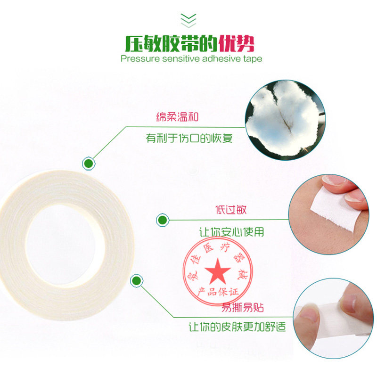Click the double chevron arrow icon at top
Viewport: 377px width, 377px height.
pyautogui.click(x=188, y=20)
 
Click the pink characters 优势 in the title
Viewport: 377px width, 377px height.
pyautogui.click(x=236, y=44)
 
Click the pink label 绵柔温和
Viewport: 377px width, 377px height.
pyautogui.click(x=177, y=117)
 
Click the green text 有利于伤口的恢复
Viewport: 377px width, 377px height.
pyautogui.click(x=189, y=138)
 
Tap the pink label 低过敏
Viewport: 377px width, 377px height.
pyautogui.click(x=231, y=210)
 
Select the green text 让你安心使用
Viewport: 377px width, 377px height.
pyautogui.click(x=231, y=232)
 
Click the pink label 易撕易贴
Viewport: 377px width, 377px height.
pyautogui.click(x=242, y=307)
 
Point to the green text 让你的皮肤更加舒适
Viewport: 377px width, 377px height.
pyautogui.click(x=237, y=327)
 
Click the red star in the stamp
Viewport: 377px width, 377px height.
pyautogui.click(x=218, y=271)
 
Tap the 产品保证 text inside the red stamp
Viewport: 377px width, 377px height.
pyautogui.click(x=218, y=292)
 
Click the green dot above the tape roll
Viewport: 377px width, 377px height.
pyautogui.click(x=89, y=164)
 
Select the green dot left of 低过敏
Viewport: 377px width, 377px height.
pyautogui.click(x=163, y=220)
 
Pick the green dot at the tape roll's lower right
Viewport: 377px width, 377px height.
pyautogui.click(x=137, y=280)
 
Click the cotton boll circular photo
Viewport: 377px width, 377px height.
pyautogui.click(x=285, y=120)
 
